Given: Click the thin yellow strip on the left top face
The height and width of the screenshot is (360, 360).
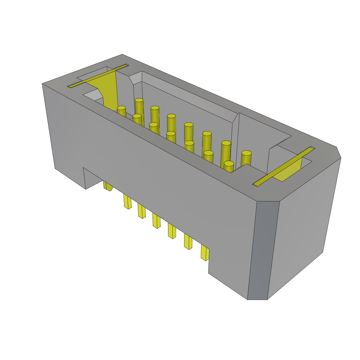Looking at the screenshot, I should [x=98, y=76].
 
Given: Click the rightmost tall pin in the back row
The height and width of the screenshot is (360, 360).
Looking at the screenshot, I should [x=246, y=158].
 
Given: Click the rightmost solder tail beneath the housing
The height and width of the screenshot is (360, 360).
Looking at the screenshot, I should [x=205, y=253].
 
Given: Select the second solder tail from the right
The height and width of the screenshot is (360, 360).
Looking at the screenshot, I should [x=188, y=242].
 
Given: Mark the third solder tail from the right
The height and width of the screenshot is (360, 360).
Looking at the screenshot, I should [x=172, y=231].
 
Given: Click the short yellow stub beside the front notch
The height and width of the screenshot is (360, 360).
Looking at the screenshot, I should [x=108, y=186].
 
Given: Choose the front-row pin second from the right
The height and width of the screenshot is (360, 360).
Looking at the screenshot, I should [x=208, y=157].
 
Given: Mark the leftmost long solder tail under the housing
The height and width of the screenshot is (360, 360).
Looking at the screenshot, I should [x=127, y=202].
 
